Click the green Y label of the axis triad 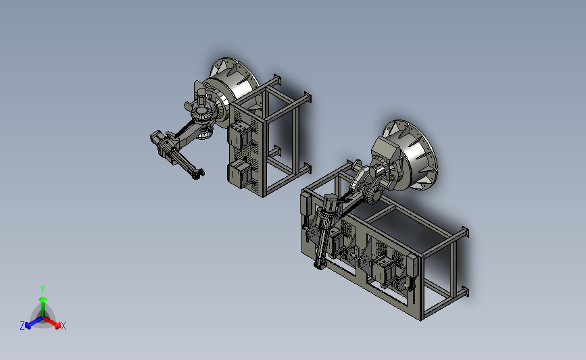pos(43,290)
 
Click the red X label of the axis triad pos(64,326)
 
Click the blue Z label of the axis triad pos(22,326)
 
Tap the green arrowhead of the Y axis pos(43,299)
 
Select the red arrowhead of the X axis pos(57,326)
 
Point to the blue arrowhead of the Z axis pos(28,326)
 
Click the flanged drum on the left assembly pos(233,89)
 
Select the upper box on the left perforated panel pos(239,137)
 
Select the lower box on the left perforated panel pos(239,174)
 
